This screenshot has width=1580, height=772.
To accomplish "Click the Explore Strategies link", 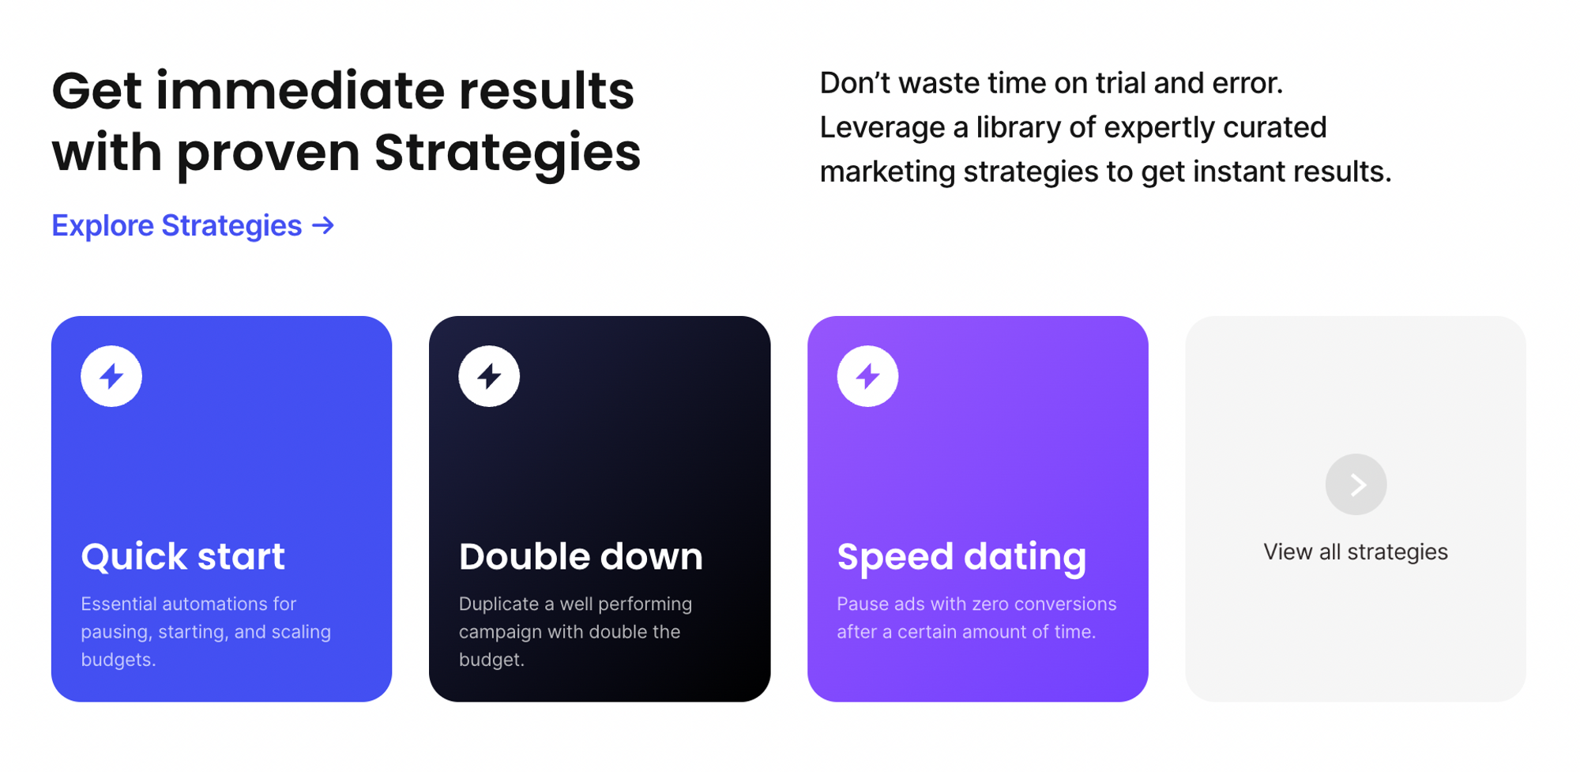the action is click(193, 226).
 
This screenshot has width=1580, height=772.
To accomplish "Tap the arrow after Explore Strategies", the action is click(323, 226).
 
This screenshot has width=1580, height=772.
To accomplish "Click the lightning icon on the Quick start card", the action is click(111, 376).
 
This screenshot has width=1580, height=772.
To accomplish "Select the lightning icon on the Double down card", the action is click(489, 376).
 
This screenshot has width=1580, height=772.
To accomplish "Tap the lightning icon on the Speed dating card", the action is click(867, 376).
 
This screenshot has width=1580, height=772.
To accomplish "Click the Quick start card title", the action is click(182, 556).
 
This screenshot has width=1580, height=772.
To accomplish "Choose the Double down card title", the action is click(581, 556).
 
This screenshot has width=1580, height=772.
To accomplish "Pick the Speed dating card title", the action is click(961, 557).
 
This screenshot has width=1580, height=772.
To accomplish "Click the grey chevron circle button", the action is click(1356, 484).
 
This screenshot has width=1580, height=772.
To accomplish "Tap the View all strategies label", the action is click(1356, 552).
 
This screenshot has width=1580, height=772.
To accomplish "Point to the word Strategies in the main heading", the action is click(507, 153).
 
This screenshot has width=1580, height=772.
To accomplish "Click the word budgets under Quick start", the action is click(118, 660).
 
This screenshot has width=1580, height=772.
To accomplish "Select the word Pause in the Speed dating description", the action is click(859, 604).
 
